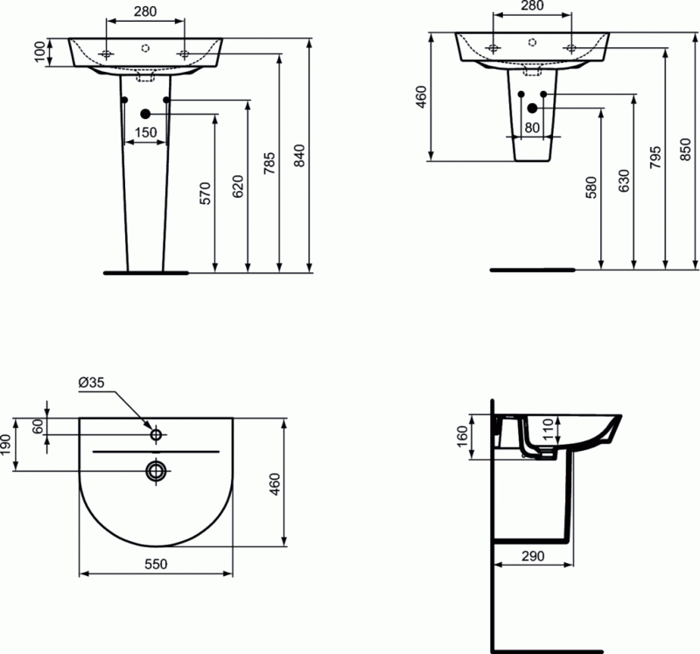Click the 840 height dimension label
pos(299,155)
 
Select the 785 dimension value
pos(269,163)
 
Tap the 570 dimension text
pos(205,192)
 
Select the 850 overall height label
pos(685,152)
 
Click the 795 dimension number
pos(654,157)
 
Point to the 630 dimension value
pos(623,180)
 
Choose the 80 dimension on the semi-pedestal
pos(531,127)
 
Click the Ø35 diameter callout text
pos(91,382)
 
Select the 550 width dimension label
pos(155,565)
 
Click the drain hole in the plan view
pos(156,471)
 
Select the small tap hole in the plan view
pos(156,434)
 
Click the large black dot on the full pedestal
pos(145,113)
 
